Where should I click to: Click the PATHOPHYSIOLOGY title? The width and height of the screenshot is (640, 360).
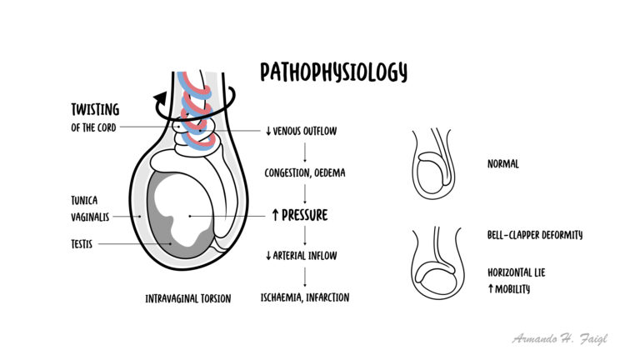coord(333,72)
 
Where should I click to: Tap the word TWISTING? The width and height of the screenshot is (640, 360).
coord(95,109)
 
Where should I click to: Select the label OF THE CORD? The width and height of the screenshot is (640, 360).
coord(93,127)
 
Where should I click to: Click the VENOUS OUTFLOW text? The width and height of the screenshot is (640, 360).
coord(305,131)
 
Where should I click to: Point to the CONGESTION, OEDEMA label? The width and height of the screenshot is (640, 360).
coord(305,172)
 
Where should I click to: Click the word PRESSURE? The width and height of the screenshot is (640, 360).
coord(304,215)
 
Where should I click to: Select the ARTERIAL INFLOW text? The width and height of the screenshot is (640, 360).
coord(305,256)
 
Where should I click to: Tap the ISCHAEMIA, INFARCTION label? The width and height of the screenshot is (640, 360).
coord(305,297)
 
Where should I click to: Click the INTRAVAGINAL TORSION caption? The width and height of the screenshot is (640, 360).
coord(188,299)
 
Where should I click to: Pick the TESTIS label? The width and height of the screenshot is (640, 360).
coord(82,244)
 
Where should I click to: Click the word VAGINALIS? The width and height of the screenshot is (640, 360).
coord(90,217)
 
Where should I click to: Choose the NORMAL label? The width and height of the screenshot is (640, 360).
coord(502,164)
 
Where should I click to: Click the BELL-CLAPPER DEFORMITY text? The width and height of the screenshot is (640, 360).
coord(535,235)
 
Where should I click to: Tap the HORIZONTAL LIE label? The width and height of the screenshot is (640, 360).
coord(517,272)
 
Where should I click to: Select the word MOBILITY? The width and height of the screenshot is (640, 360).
coord(512,289)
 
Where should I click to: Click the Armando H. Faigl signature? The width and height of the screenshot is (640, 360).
coord(560,339)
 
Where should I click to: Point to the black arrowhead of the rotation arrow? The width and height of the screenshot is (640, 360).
coord(160,98)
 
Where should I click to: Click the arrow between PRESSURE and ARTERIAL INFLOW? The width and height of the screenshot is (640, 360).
coord(305,236)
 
